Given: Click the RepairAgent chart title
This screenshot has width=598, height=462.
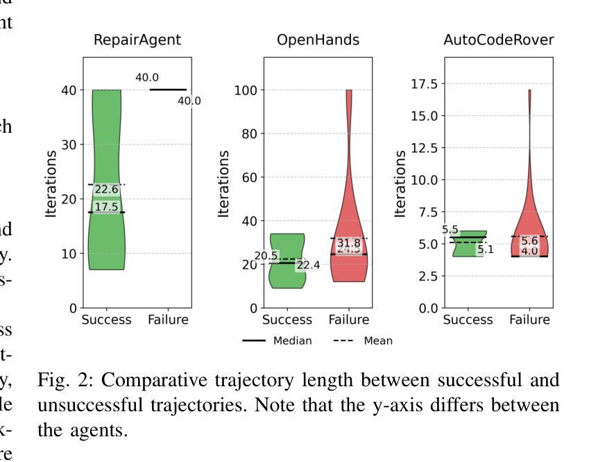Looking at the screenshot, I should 137,40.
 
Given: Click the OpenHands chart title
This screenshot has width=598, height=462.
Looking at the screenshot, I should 318,40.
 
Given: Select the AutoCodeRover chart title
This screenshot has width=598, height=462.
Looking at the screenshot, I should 499,40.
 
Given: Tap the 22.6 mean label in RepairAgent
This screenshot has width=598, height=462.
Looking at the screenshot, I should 107,189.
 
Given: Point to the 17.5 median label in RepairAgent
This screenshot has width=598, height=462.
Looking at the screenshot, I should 107,207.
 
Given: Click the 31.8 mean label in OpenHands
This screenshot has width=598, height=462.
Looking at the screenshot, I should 349,243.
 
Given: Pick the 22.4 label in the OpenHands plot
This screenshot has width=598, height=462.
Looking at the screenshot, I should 308,265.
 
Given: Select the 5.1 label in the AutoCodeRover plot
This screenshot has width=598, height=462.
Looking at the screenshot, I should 486,249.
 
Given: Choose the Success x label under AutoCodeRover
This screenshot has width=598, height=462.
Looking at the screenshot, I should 468,320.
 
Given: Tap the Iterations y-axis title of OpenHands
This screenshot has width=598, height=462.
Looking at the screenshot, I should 223,183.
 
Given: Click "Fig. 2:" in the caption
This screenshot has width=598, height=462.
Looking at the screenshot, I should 63,380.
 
